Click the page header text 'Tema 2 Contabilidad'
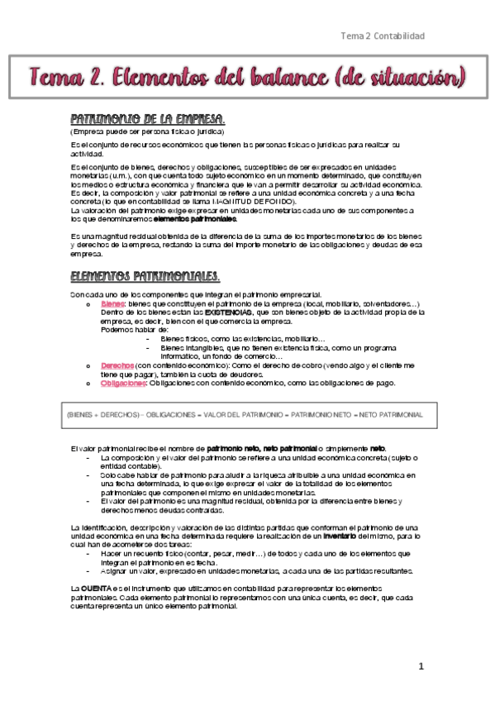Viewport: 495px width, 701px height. coord(383,36)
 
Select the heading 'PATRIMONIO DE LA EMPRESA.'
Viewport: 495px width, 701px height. coord(148,119)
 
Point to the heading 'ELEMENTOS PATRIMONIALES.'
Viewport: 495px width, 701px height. coord(145,275)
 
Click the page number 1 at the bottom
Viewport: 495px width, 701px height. coord(421,666)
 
